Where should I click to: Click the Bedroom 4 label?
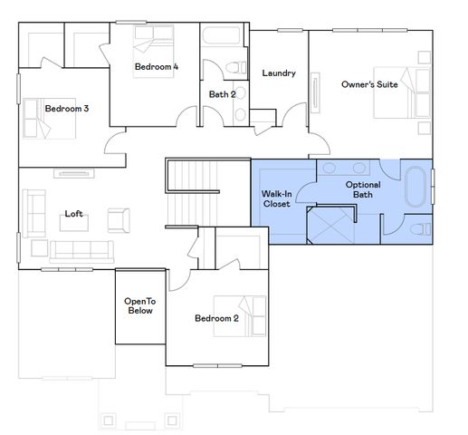pos(157,67)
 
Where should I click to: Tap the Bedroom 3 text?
pos(66,109)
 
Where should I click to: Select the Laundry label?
pos(279,73)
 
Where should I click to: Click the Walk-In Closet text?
pos(277,198)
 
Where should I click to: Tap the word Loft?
pos(74,215)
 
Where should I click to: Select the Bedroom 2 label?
pos(216,318)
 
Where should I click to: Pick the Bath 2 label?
pos(222,93)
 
